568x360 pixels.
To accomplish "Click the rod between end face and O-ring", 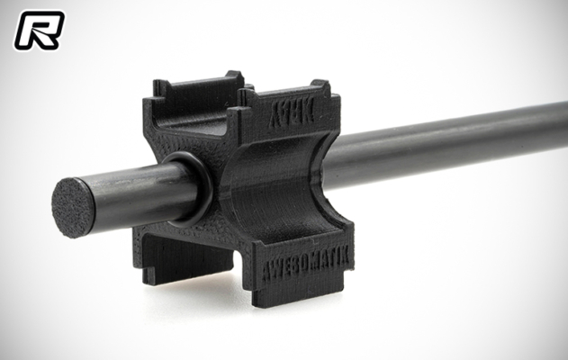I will (135, 196).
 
